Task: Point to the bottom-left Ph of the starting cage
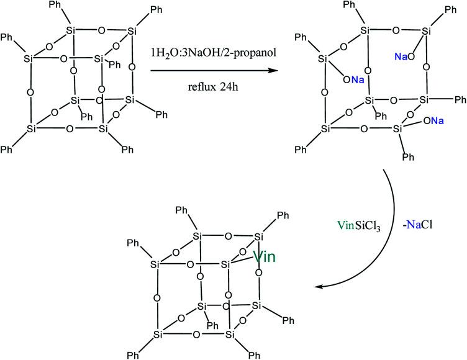pyautogui.click(x=8, y=151)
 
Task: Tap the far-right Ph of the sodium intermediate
pyautogui.click(x=460, y=100)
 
